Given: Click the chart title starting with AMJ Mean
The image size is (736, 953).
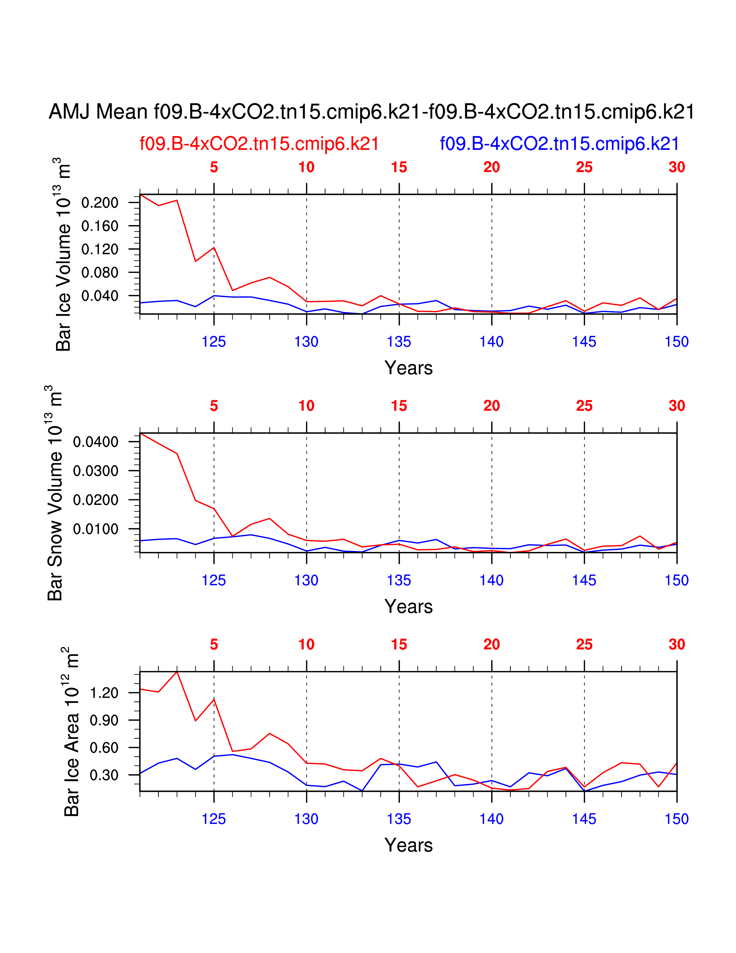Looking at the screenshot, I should click(x=371, y=112).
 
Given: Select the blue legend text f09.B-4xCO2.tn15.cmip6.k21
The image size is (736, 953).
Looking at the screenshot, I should click(x=559, y=144).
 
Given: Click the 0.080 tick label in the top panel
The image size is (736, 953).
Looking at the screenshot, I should click(x=100, y=272).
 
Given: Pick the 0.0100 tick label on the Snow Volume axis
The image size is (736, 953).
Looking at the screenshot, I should click(x=96, y=529).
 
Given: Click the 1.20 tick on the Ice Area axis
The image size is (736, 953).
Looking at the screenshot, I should click(x=104, y=693).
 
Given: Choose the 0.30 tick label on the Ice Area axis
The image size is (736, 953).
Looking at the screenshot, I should click(x=104, y=775).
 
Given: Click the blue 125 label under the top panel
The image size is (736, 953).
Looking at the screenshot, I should click(x=214, y=342).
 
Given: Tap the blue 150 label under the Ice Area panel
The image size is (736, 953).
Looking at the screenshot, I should click(x=676, y=819).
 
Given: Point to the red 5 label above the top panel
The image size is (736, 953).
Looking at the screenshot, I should click(x=214, y=167).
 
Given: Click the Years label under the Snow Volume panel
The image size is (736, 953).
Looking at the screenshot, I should click(x=408, y=606).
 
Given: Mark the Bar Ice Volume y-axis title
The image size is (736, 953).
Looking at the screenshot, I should click(x=63, y=254).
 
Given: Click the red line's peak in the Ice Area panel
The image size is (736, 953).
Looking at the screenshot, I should click(x=177, y=672).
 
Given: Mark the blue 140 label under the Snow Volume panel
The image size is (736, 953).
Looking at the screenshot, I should click(x=492, y=580).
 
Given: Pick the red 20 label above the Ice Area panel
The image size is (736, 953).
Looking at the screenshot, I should click(x=492, y=645).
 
